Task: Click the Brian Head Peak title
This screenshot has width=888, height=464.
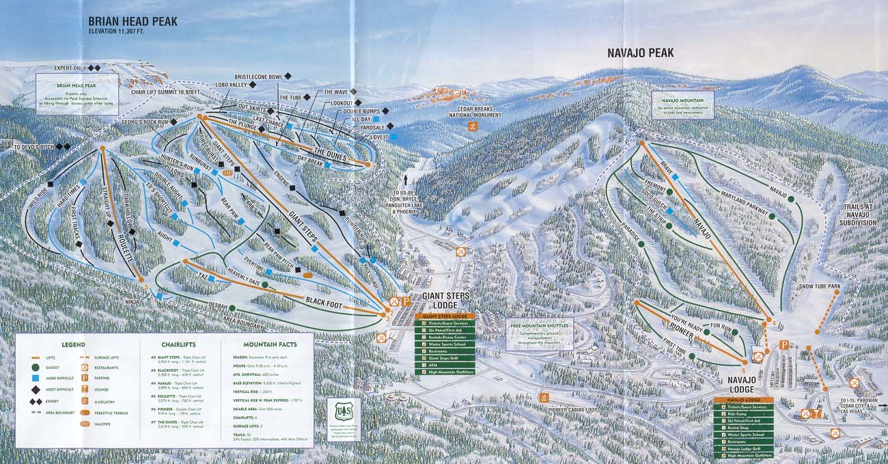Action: [x=133, y=22]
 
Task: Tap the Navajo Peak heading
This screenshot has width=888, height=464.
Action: [x=640, y=53]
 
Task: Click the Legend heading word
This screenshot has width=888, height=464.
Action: [x=73, y=344]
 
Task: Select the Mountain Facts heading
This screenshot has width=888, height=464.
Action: [x=269, y=344]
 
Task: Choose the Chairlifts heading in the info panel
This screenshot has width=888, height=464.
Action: [x=179, y=344]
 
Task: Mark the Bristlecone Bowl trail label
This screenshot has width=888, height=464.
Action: [x=258, y=77]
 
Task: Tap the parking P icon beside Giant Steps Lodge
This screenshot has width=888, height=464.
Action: [x=406, y=301]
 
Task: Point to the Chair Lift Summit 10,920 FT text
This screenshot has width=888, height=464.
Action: [x=165, y=91]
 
